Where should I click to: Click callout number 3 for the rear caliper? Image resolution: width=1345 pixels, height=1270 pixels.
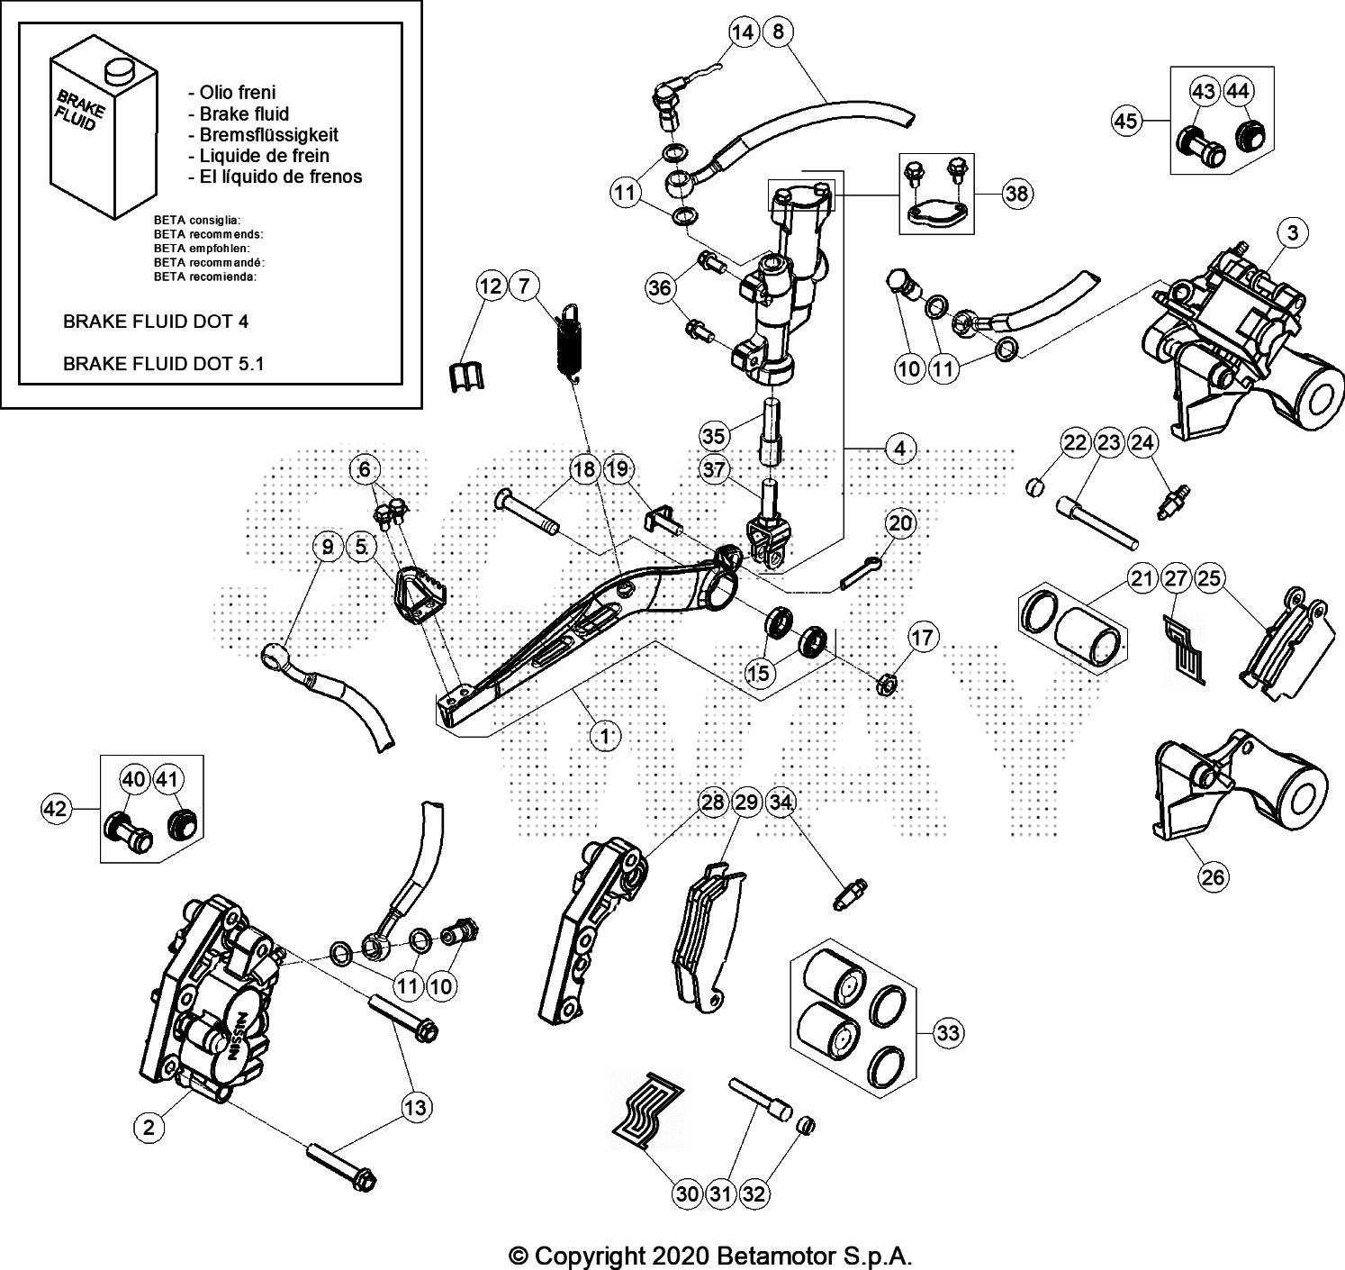(1292, 233)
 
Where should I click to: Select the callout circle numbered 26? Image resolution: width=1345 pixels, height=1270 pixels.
(1213, 875)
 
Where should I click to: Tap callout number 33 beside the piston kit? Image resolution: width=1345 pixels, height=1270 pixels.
(948, 1032)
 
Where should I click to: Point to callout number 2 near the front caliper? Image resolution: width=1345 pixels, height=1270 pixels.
(149, 1125)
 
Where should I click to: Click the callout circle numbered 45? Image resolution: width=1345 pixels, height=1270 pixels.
(1126, 120)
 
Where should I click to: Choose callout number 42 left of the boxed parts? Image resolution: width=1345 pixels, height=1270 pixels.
(56, 809)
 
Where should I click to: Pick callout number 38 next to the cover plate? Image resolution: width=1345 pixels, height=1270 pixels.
(1017, 194)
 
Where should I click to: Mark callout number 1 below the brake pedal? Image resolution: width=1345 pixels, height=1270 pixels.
(605, 736)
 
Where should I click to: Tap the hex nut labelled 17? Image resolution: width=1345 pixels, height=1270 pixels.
(885, 686)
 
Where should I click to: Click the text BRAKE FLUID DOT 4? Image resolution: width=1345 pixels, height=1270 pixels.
(155, 321)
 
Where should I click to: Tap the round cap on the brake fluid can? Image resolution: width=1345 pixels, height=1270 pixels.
(115, 69)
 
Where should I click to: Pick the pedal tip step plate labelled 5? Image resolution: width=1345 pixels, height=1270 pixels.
(418, 598)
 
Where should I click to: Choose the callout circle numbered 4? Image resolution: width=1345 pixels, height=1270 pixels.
(899, 447)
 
